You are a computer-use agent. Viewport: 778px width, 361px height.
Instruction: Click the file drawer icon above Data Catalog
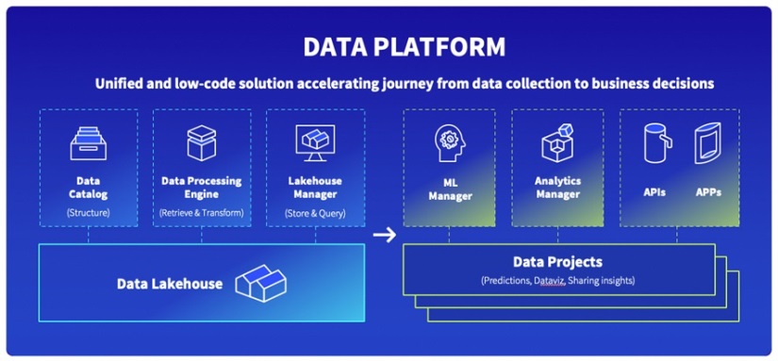pyautogui.click(x=88, y=144)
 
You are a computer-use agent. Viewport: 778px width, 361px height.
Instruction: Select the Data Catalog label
pyautogui.click(x=88, y=188)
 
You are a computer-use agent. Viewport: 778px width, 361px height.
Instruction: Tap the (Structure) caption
pyautogui.click(x=88, y=212)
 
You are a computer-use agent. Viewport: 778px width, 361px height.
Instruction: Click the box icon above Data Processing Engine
pyautogui.click(x=201, y=144)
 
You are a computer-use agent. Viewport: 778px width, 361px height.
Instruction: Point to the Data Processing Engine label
pyautogui.click(x=201, y=188)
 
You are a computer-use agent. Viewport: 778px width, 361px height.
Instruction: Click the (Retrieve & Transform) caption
pyautogui.click(x=201, y=212)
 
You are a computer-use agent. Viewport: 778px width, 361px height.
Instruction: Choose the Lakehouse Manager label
pyautogui.click(x=314, y=188)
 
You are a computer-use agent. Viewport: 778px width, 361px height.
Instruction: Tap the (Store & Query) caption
pyautogui.click(x=314, y=212)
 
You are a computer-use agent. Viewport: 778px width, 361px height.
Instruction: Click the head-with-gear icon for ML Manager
pyautogui.click(x=450, y=144)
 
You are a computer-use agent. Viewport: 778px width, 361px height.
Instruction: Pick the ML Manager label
pyautogui.click(x=450, y=189)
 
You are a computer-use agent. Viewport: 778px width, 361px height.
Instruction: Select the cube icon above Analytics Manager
pyautogui.click(x=557, y=144)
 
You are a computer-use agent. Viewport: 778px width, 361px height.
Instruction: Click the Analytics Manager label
pyautogui.click(x=557, y=188)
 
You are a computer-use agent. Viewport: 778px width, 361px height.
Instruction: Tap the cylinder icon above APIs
pyautogui.click(x=655, y=144)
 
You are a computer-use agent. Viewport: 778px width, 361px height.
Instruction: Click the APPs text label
pyautogui.click(x=708, y=192)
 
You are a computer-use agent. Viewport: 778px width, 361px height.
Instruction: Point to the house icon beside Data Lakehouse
pyautogui.click(x=259, y=282)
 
